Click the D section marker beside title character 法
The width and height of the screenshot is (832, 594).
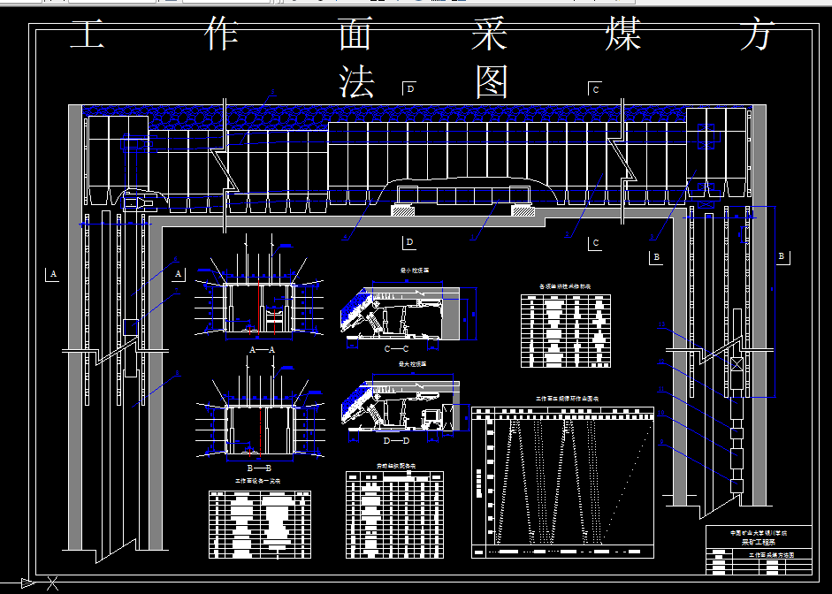click(x=409, y=88)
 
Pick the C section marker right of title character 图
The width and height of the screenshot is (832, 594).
click(x=596, y=88)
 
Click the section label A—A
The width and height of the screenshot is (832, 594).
click(x=263, y=350)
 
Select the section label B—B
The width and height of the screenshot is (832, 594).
click(x=263, y=467)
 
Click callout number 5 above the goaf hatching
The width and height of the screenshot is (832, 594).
click(x=272, y=95)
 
